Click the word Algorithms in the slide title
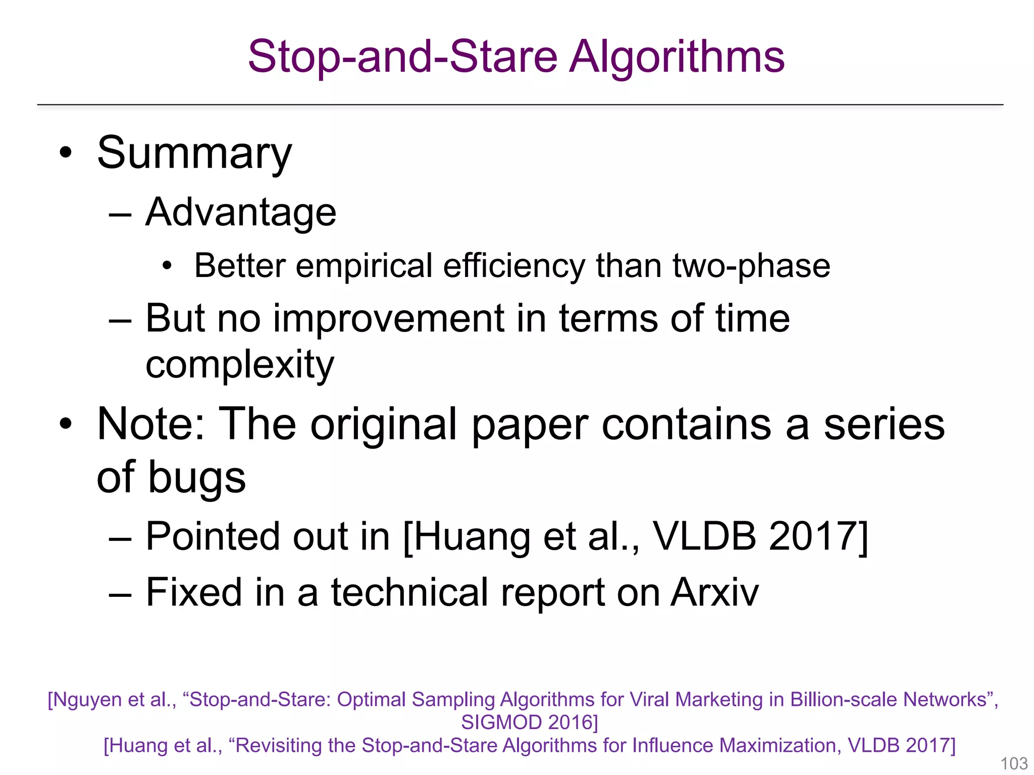tap(678, 57)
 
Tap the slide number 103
tap(1014, 763)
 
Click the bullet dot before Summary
tap(66, 152)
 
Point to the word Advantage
tap(241, 212)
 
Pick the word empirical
tap(364, 265)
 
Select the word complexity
tap(240, 364)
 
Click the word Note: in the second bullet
tap(151, 424)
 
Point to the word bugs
tap(197, 477)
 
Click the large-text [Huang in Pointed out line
tap(467, 536)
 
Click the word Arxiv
tap(714, 592)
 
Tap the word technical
tap(409, 592)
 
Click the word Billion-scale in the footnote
tap(843, 700)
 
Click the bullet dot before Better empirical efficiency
tap(167, 265)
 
